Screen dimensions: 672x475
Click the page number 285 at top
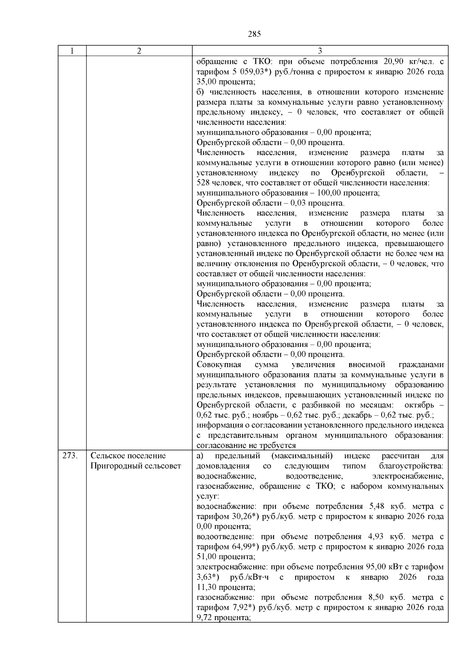[254, 34]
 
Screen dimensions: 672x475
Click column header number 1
[72, 51]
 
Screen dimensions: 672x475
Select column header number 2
[139, 51]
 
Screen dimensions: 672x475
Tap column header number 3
[320, 51]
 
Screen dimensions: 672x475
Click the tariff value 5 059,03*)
[245, 72]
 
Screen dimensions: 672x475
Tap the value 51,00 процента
[224, 557]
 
